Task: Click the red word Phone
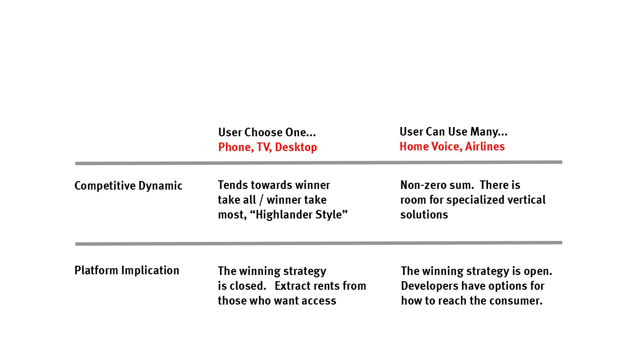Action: pyautogui.click(x=236, y=147)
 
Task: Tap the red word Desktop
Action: pyautogui.click(x=296, y=147)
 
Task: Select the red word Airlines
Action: pyautogui.click(x=485, y=147)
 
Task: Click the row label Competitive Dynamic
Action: pyautogui.click(x=128, y=186)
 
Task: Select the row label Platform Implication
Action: pyautogui.click(x=127, y=271)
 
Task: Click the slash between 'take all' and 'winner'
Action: pyautogui.click(x=261, y=200)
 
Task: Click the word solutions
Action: pyautogui.click(x=424, y=215)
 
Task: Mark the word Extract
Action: pyautogui.click(x=295, y=286)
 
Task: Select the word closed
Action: pyautogui.click(x=246, y=286)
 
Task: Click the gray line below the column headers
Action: pyautogui.click(x=319, y=163)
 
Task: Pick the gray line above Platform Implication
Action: pyautogui.click(x=319, y=243)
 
